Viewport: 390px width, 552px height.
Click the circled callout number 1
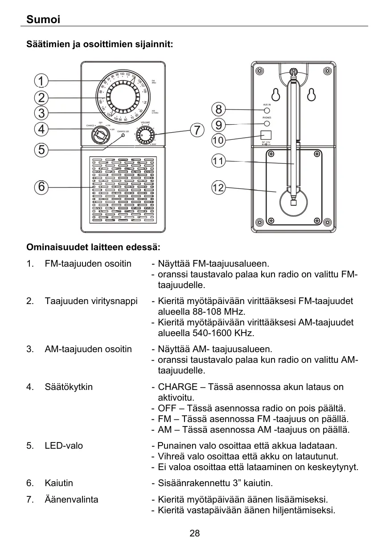click(41, 81)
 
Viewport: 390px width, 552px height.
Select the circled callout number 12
click(218, 188)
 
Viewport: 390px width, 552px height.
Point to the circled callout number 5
click(41, 150)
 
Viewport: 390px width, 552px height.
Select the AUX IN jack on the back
click(267, 110)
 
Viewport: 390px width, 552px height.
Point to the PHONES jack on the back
click(267, 123)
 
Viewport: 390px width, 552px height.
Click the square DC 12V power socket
click(266, 135)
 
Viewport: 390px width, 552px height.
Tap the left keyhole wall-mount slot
click(276, 95)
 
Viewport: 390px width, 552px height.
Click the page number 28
click(195, 533)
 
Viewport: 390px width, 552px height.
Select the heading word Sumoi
click(43, 20)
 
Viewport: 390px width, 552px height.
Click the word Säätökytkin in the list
click(69, 387)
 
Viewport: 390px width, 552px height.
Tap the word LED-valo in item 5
click(64, 446)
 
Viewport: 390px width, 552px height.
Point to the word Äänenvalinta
click(71, 499)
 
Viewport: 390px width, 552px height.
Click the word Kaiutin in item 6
click(59, 483)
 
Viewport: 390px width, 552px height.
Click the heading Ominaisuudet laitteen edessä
click(93, 247)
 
